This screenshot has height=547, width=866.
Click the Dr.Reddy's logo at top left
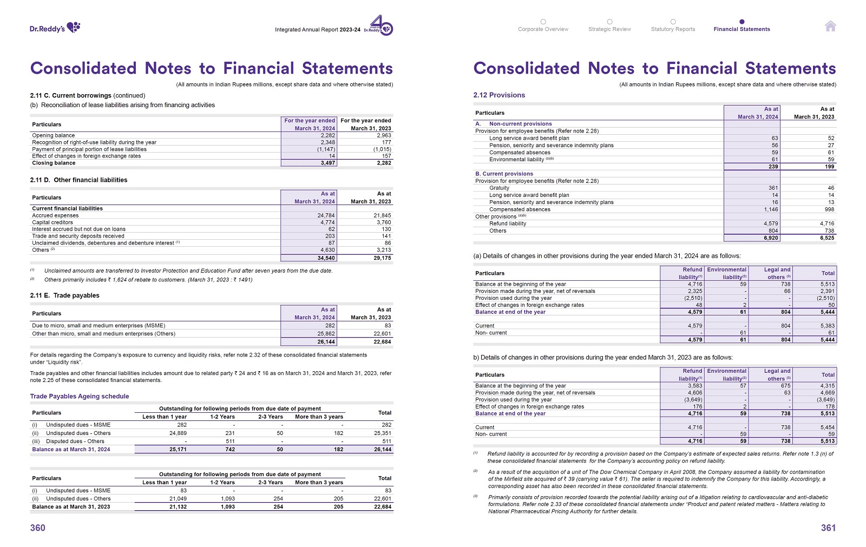pos(55,28)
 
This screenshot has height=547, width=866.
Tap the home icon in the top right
pos(830,26)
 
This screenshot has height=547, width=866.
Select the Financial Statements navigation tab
pos(742,29)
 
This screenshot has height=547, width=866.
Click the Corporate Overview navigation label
pos(543,29)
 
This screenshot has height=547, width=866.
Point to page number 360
pos(38,528)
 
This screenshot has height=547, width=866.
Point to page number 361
pos(828,528)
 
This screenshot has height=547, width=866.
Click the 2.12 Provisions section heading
pos(499,95)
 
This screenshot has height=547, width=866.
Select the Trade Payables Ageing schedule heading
pos(80,396)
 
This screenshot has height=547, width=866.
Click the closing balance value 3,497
pos(327,163)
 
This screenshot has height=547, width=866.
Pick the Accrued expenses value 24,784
pos(326,215)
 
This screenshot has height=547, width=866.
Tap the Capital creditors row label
pos(53,222)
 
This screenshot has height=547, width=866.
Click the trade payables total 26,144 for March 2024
pos(326,342)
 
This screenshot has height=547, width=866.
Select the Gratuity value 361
pos(773,188)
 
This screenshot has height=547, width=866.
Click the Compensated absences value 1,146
pos(771,209)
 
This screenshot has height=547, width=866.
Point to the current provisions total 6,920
pos(771,238)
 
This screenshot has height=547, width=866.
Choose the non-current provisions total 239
pos(773,167)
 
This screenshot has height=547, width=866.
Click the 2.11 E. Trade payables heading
pos(65,295)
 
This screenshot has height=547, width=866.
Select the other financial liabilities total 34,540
pos(326,258)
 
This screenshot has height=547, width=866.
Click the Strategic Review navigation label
pos(609,29)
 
